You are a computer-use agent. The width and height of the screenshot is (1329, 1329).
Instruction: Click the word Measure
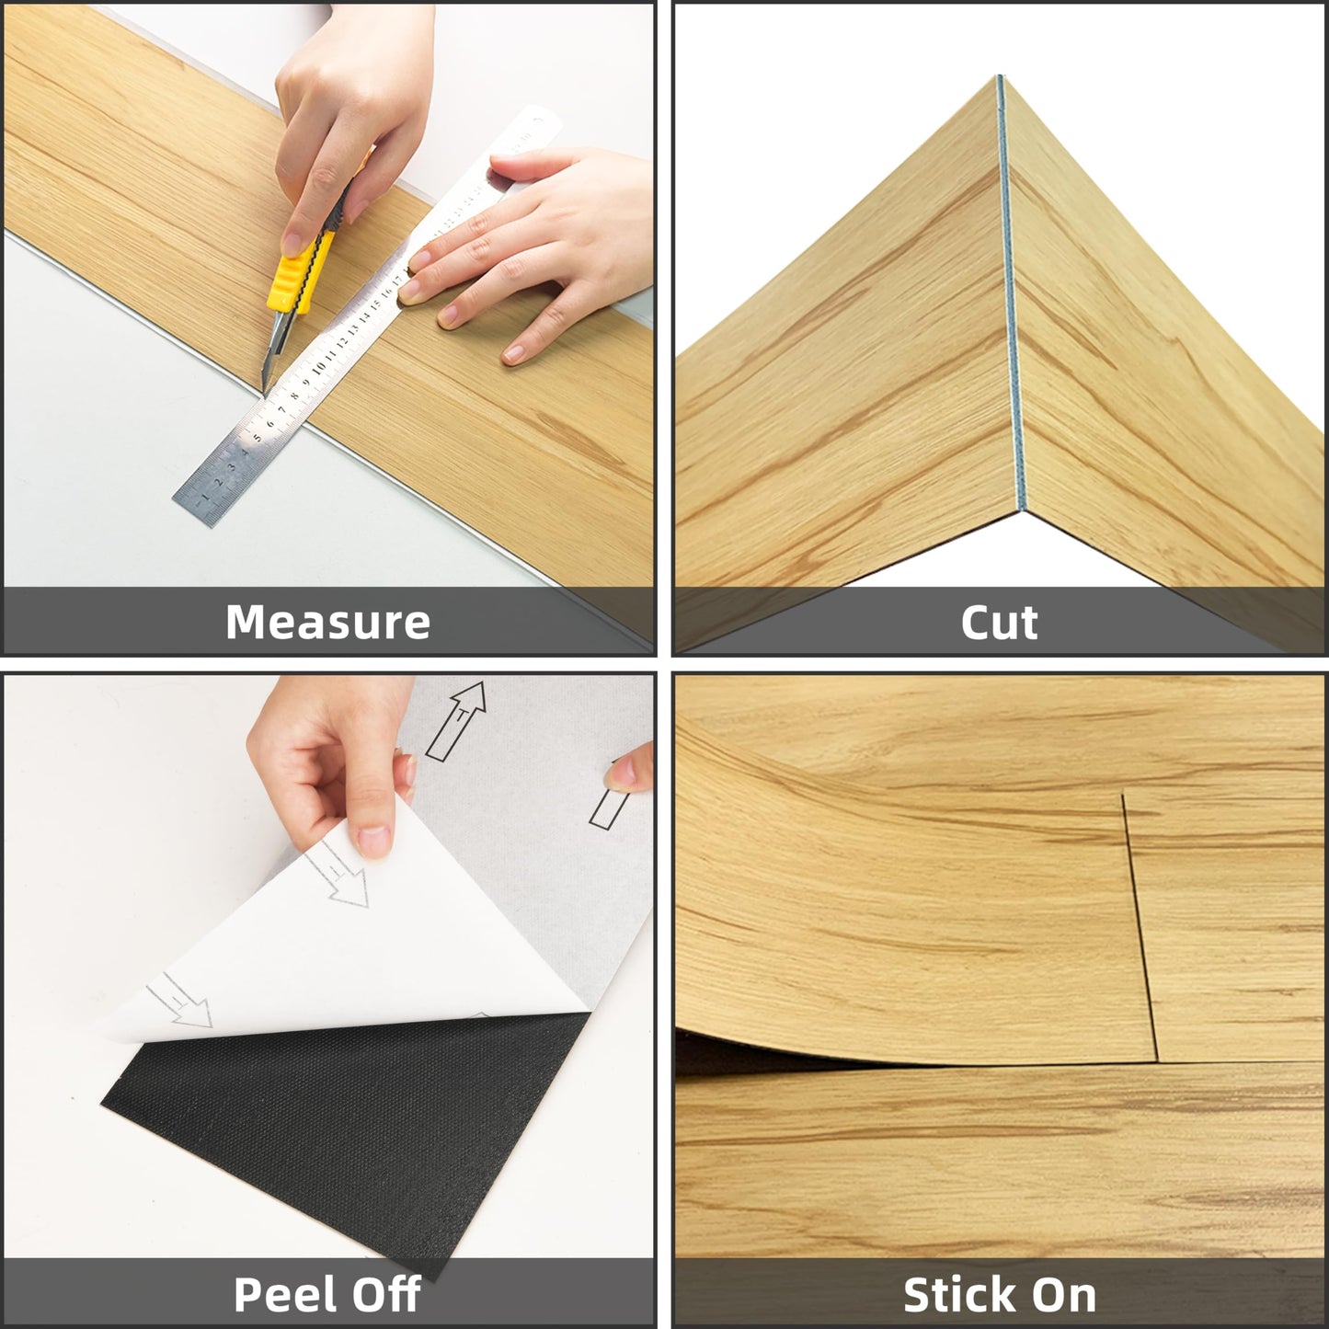[327, 622]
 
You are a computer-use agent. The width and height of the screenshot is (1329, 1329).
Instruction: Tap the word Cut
[999, 623]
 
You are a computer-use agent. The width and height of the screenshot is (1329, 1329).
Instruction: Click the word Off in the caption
[385, 1294]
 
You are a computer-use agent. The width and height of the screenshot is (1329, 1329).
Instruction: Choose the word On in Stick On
[1067, 1295]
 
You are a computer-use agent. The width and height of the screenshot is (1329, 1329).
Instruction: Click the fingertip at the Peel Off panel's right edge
[635, 768]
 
